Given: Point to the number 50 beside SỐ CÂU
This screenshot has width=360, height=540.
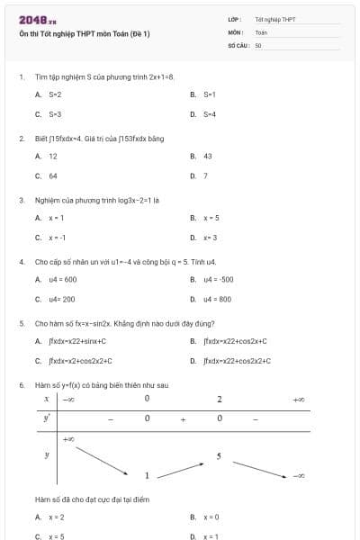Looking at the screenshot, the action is [x=258, y=44].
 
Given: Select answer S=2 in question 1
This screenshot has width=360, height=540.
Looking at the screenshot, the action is [x=55, y=94].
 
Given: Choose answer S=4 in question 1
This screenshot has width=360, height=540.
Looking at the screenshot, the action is [x=210, y=114].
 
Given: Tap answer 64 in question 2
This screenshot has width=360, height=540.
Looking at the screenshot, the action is [x=53, y=176].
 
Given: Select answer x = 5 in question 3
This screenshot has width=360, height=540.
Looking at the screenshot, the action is [x=211, y=218].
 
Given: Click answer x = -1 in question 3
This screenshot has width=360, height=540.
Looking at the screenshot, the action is [x=57, y=238].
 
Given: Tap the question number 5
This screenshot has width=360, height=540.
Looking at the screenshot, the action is [x=21, y=322].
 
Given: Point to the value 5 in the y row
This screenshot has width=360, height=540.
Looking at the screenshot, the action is [x=219, y=456].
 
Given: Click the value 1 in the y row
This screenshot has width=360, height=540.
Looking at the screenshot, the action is [x=147, y=474].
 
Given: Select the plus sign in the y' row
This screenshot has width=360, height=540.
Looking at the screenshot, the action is [x=182, y=418].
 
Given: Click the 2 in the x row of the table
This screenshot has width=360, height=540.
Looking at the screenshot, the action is [x=219, y=399].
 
